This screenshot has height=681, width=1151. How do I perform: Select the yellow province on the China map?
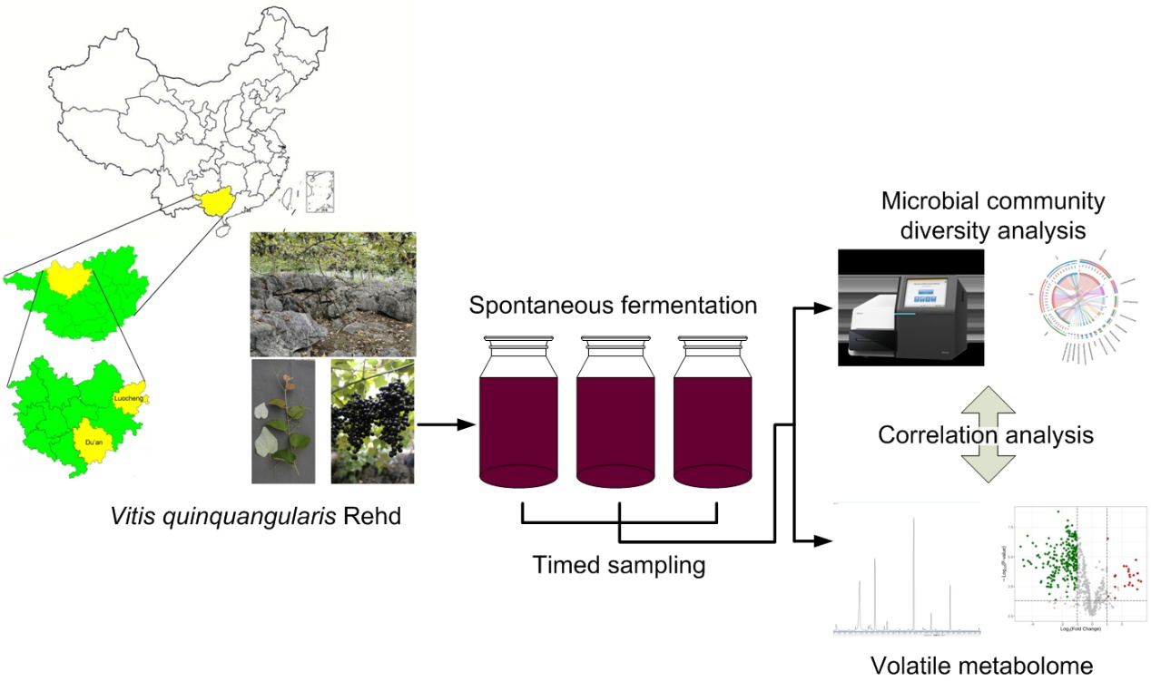(x=213, y=203)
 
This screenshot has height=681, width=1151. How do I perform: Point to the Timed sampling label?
(x=619, y=564)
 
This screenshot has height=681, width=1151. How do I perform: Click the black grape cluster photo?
(x=372, y=421)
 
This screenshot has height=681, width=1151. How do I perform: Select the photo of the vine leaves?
(x=283, y=421)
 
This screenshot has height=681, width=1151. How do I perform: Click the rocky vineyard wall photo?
(x=333, y=294)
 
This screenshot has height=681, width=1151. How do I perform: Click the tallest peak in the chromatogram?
(x=913, y=526)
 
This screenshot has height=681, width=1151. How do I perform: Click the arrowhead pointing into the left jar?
(x=468, y=423)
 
